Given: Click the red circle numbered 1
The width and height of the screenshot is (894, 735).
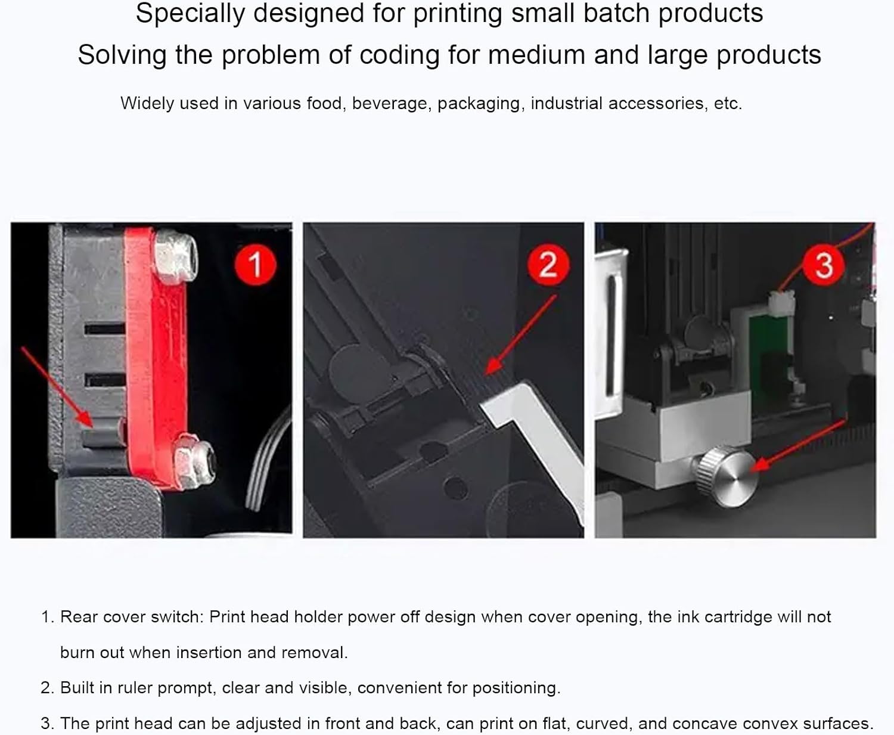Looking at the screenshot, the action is click(255, 264).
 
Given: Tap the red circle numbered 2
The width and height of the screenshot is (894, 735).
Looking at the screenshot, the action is click(548, 264).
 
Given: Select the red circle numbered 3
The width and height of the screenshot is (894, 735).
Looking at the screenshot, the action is click(824, 265).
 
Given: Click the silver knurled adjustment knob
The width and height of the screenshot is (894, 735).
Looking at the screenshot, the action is click(726, 476).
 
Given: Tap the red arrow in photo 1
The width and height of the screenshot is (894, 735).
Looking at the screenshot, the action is click(57, 386).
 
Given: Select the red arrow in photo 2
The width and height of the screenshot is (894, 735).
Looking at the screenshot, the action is click(520, 335).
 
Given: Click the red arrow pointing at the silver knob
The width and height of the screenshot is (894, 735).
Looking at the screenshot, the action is click(798, 445).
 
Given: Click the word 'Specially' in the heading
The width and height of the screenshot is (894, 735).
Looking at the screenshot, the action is click(190, 14).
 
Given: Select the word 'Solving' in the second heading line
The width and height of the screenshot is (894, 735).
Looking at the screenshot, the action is click(122, 55).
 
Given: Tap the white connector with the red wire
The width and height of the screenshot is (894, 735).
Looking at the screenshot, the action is click(781, 302).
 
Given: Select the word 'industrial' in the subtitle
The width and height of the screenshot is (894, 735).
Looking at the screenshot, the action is click(566, 104).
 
